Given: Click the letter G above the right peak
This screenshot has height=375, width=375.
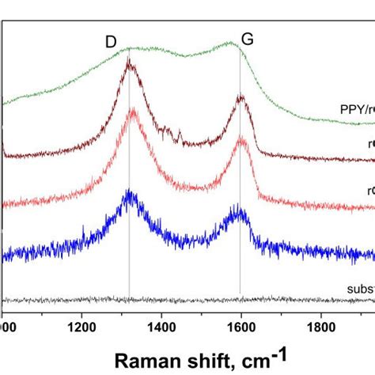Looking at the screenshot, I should pos(248,40).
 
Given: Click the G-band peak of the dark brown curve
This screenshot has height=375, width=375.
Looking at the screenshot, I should pos(241,98).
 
